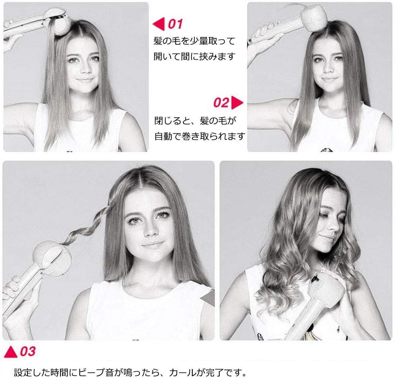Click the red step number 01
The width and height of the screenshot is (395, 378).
[175, 24]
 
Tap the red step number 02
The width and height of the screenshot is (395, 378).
[221, 102]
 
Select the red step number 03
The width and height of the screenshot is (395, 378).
[28, 351]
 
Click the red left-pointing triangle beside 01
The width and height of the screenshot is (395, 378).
[159, 24]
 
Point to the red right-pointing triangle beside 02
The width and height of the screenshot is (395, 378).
[237, 102]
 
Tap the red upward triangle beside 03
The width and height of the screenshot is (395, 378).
[11, 352]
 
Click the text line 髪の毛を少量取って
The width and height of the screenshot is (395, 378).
[194, 41]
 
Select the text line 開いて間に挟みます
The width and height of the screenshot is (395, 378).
[194, 56]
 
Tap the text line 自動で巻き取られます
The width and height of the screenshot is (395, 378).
[200, 136]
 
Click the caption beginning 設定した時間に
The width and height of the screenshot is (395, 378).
[130, 372]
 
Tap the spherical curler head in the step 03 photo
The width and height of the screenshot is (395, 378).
[52, 258]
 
